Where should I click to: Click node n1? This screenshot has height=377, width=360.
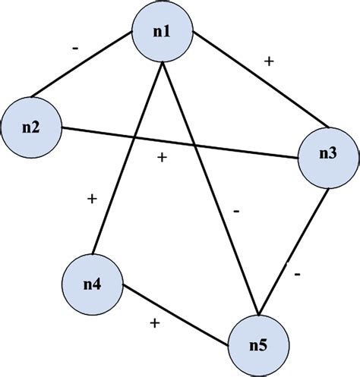pyautogui.click(x=161, y=33)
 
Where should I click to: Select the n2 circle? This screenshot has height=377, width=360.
pyautogui.click(x=31, y=125)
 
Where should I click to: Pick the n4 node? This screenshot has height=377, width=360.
pyautogui.click(x=92, y=284)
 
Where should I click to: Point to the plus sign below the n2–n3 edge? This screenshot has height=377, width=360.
pyautogui.click(x=161, y=158)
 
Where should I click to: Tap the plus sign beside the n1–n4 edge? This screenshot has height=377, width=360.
pyautogui.click(x=92, y=199)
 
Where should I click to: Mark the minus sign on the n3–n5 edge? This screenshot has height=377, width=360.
pyautogui.click(x=297, y=271)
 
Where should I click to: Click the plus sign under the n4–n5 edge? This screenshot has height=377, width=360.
pyautogui.click(x=154, y=323)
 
